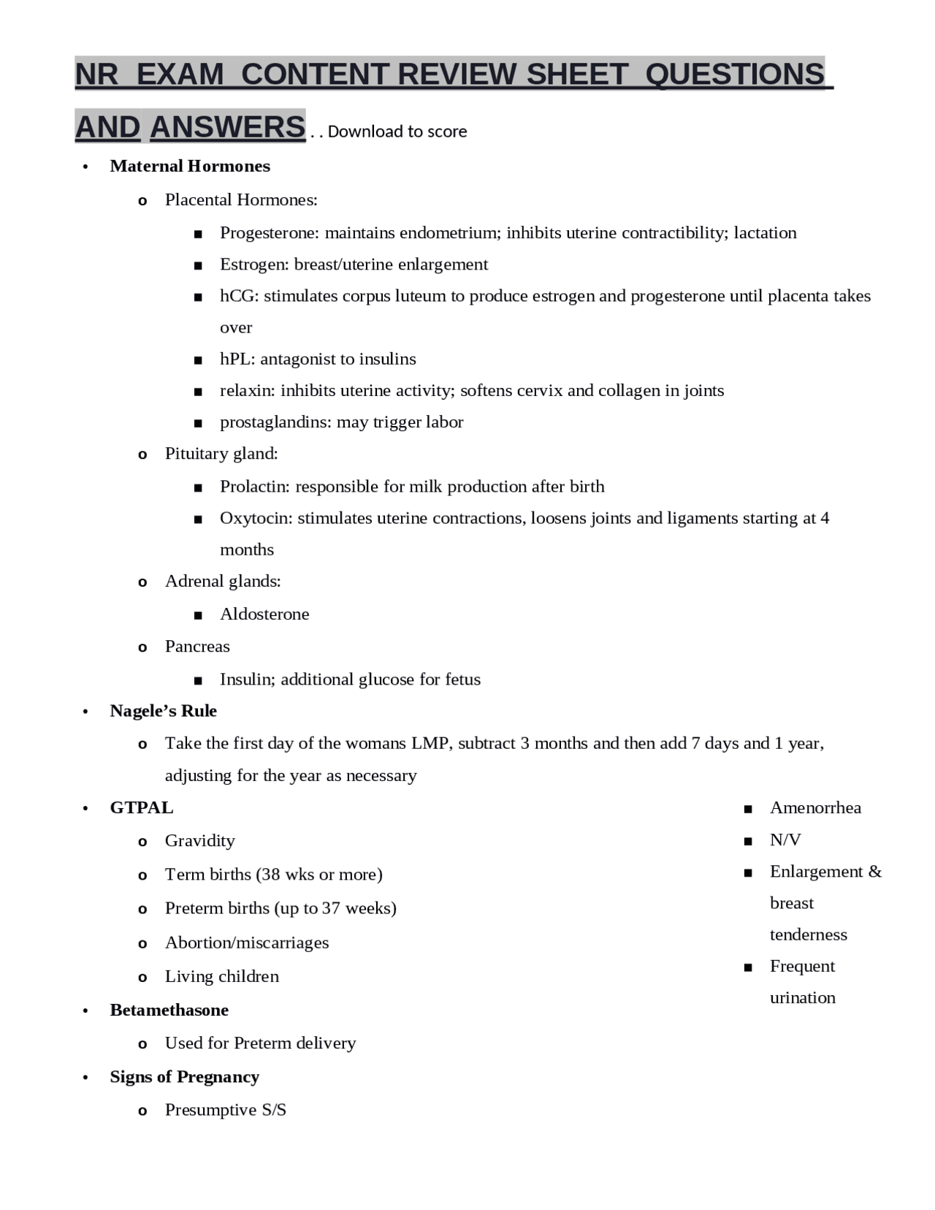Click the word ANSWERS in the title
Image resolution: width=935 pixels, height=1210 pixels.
227,127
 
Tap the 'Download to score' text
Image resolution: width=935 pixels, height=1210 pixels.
397,132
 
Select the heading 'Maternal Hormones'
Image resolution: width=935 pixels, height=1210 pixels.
190,167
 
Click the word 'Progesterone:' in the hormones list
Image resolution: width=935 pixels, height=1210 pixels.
270,233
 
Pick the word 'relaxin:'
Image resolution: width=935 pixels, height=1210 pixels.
248,390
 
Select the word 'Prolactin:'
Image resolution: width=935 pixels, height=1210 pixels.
255,487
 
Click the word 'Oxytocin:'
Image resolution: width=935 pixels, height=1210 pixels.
256,518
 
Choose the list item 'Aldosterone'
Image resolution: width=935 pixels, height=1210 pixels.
264,614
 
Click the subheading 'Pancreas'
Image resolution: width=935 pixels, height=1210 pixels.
197,647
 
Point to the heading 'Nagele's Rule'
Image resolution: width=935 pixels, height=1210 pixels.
163,711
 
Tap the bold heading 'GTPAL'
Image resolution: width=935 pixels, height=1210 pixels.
142,807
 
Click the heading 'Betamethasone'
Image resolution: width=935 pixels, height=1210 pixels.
169,1010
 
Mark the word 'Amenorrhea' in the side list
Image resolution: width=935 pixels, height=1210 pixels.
815,807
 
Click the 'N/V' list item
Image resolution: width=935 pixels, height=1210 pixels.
785,840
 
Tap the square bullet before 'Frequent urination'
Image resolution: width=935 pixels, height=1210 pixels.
748,967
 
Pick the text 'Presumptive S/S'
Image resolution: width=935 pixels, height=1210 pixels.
226,1110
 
